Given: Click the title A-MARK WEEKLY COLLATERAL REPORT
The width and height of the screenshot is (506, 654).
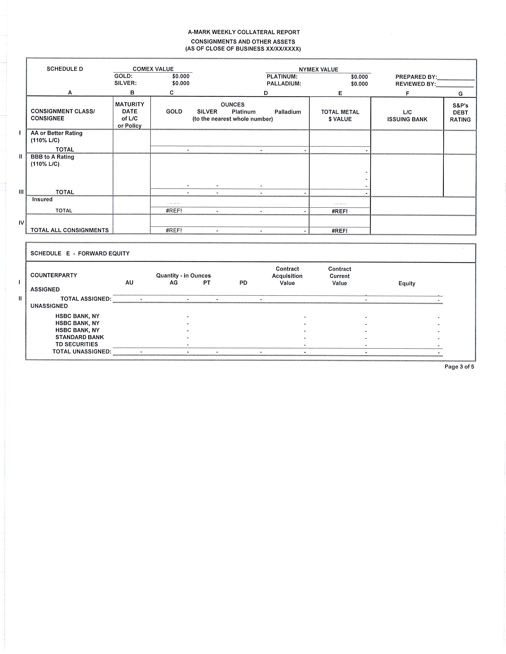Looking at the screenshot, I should pos(244,32).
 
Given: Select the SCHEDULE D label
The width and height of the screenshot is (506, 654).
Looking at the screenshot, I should pos(65,69).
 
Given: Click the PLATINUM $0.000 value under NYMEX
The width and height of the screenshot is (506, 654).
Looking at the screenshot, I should pos(359,77).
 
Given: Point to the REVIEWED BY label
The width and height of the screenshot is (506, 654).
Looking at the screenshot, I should pos(415,84).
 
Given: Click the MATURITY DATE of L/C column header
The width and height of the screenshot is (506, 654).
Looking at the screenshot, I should pos(129,115).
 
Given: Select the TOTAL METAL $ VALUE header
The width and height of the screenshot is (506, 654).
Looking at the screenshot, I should pos(340,115).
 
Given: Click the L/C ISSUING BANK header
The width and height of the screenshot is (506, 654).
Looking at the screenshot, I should pos(407,116).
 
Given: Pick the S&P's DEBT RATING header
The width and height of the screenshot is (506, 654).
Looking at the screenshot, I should pos(460,113).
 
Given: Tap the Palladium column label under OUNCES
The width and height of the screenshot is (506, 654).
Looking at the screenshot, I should pos(288,112).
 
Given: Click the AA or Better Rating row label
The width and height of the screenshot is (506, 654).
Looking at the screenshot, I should pos(56,133).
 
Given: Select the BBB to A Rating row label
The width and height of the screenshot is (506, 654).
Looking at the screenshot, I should pos(52,157).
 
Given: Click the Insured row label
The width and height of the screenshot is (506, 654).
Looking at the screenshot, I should pos(42,200).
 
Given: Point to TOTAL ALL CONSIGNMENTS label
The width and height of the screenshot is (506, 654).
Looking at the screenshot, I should pos(70,230).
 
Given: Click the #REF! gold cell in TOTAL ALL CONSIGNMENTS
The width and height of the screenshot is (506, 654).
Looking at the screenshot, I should pos(174,230).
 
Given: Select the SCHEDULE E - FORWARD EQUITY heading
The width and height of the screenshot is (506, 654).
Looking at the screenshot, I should pos(80,253).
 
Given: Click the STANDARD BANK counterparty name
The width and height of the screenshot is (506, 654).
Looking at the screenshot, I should pos(80,337).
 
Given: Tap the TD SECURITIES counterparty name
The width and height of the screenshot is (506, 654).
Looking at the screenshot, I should pos(77,344).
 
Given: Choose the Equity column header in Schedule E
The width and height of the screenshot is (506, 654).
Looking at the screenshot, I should pos(406,283).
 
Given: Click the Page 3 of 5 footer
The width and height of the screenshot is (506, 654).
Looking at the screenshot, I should pos(459,367).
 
